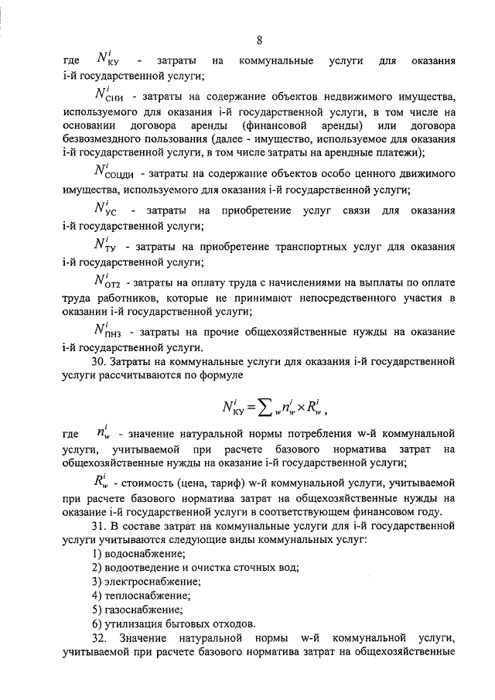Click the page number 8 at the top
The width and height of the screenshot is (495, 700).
point(260,40)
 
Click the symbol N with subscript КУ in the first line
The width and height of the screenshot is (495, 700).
point(107,58)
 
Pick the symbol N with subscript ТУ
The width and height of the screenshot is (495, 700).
point(105,245)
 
